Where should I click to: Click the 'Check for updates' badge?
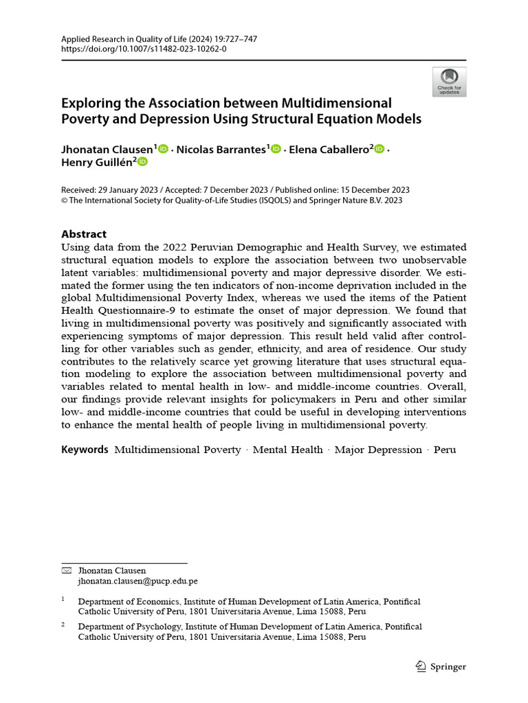click(449, 82)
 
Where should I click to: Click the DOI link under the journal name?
click(144, 49)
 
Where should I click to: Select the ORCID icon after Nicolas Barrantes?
click(276, 149)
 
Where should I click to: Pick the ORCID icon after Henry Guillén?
click(142, 162)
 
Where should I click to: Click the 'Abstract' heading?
click(84, 234)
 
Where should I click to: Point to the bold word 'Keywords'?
click(85, 450)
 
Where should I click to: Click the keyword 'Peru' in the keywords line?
click(444, 450)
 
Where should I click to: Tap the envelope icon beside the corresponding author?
click(66, 571)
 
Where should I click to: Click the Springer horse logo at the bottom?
click(421, 666)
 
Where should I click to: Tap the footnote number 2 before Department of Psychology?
click(63, 625)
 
